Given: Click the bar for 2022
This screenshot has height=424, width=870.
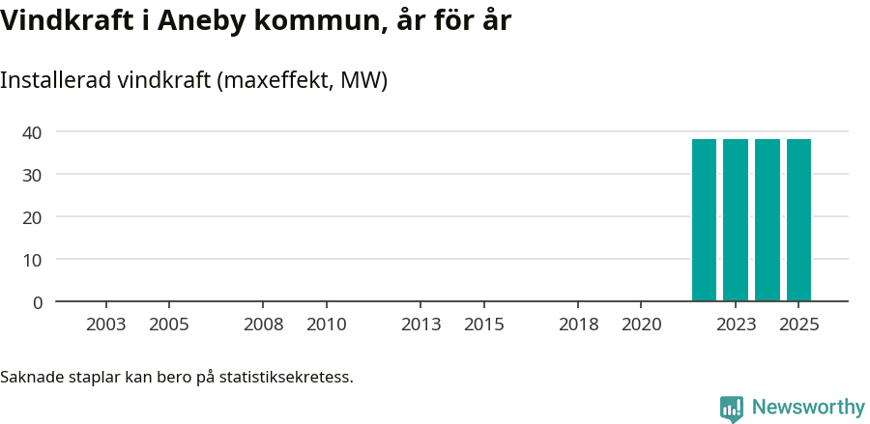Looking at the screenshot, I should tap(704, 220).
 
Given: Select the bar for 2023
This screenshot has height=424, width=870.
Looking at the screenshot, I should tap(736, 220).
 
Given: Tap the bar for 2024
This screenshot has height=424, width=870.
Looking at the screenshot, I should tap(768, 220).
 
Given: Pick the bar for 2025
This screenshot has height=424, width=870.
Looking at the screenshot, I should tap(798, 220).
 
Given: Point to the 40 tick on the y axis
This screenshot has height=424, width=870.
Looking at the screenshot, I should tap(33, 132).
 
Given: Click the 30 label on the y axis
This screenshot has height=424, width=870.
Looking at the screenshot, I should tap(33, 175).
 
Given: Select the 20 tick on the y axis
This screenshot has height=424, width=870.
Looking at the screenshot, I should tap(33, 217).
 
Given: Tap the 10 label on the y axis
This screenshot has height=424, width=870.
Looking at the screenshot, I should tap(33, 260).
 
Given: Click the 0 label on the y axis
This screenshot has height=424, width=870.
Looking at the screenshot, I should tap(38, 302).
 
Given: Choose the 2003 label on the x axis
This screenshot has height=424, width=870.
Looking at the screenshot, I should tap(105, 325).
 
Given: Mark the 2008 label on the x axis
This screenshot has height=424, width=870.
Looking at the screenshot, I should tap(263, 325).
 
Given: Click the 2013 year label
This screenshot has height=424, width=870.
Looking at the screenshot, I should tap(420, 325).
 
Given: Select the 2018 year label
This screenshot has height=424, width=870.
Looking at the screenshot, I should tap(578, 325).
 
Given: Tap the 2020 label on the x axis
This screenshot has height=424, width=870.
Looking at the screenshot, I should tap(641, 325).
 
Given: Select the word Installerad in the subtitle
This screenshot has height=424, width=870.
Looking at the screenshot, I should tap(55, 80).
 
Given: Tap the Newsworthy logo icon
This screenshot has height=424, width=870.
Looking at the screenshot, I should tap(732, 409).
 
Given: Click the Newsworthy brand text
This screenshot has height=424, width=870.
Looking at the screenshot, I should tap(808, 408).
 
